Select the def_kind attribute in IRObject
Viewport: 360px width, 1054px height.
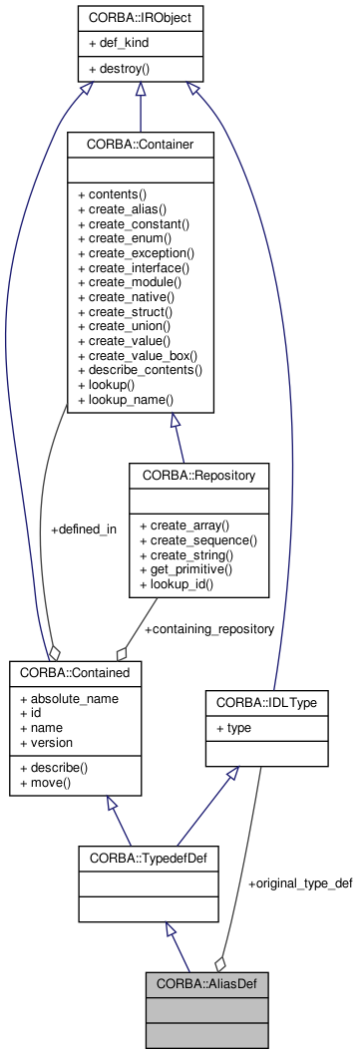(x=125, y=44)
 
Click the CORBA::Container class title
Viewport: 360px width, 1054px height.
(x=140, y=145)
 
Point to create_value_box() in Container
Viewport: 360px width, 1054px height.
(x=137, y=356)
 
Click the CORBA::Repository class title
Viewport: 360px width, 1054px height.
(x=198, y=476)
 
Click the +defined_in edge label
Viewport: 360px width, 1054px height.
(x=84, y=529)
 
